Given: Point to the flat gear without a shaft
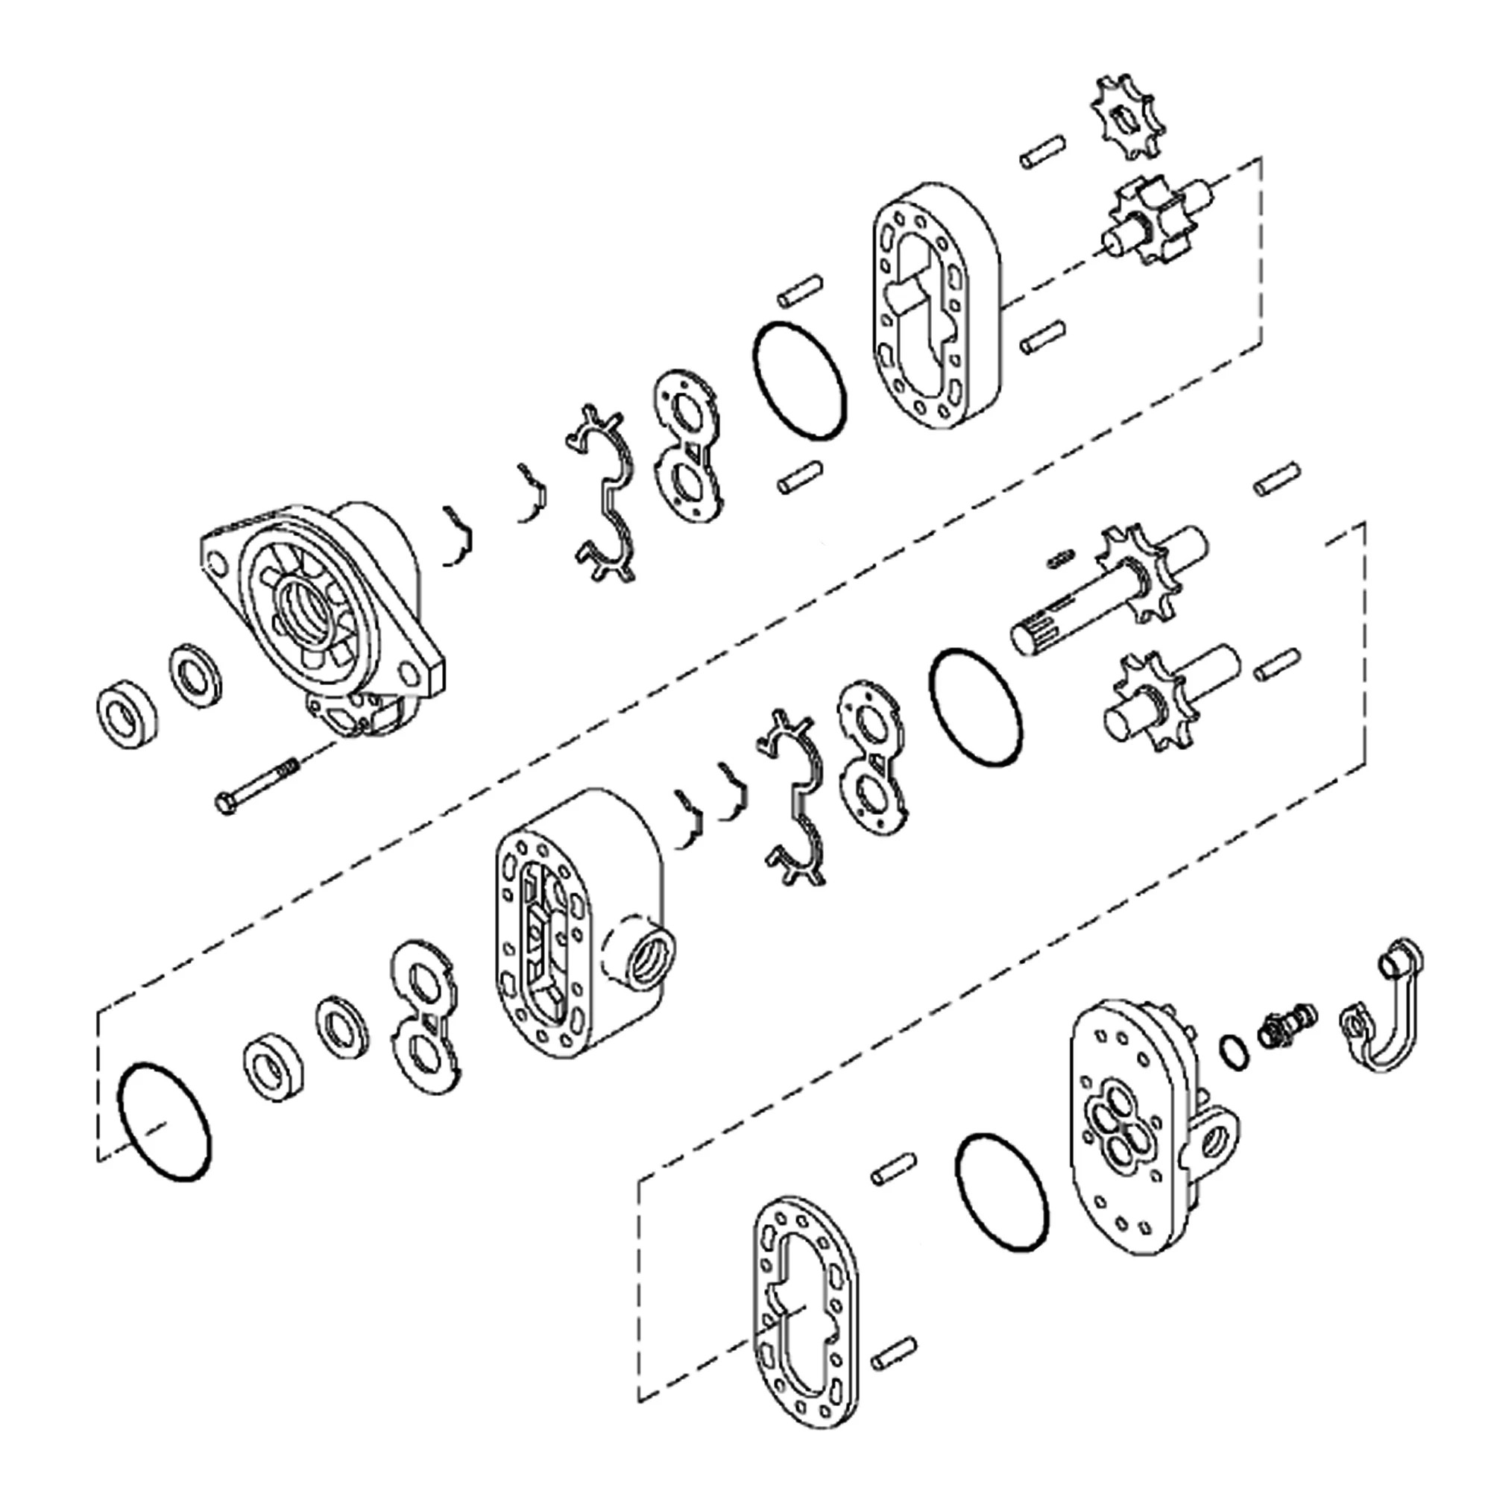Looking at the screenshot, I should click(1126, 118).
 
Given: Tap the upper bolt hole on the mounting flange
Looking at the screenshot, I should click(219, 565).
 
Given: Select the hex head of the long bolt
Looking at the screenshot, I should click(225, 806).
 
